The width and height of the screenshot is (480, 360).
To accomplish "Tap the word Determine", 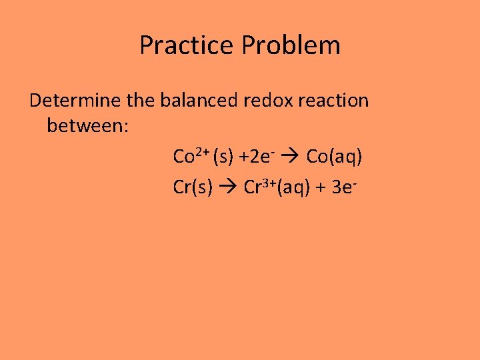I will click(73, 101).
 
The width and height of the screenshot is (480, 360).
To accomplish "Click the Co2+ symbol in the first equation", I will click(192, 156).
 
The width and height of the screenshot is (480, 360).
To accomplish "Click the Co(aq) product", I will click(334, 157).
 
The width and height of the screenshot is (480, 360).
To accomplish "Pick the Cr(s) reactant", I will click(193, 188).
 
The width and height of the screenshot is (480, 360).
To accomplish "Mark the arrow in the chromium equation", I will click(228, 188).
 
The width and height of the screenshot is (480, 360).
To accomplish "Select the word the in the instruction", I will click(139, 101).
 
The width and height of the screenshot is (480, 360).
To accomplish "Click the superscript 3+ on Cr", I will click(268, 182).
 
